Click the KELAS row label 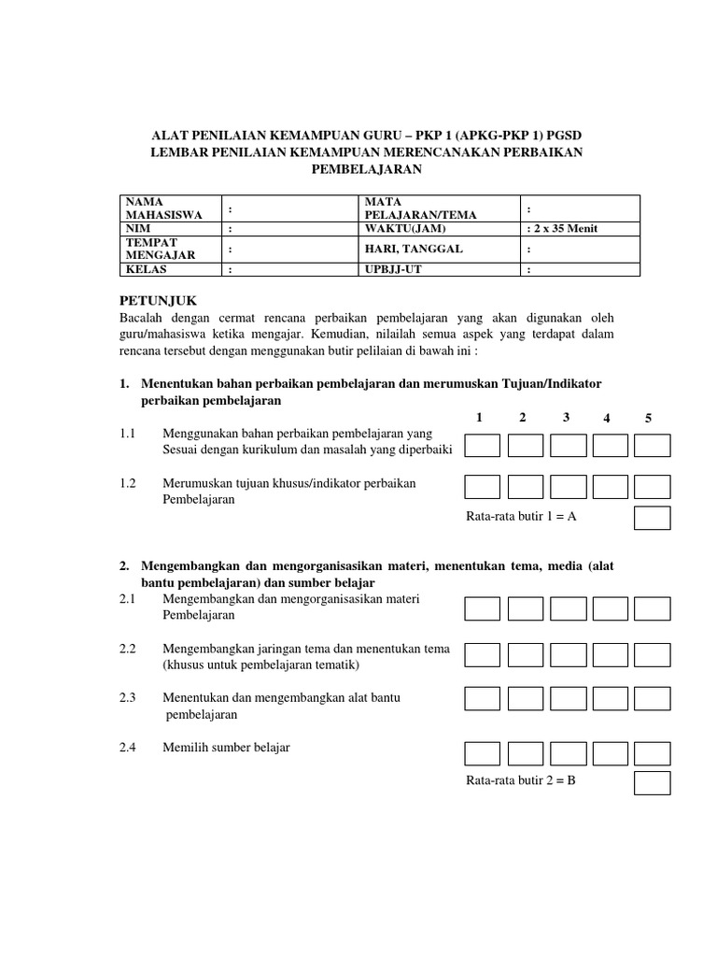pyautogui.click(x=146, y=270)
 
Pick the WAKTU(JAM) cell pyautogui.click(x=406, y=228)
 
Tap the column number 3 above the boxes pyautogui.click(x=567, y=417)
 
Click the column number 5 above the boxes pyautogui.click(x=648, y=418)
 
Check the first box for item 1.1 pyautogui.click(x=483, y=445)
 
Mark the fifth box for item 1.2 pyautogui.click(x=652, y=487)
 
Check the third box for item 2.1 pyautogui.click(x=568, y=609)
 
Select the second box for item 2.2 pyautogui.click(x=526, y=654)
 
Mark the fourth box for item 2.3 pyautogui.click(x=610, y=698)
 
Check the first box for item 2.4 pyautogui.click(x=483, y=752)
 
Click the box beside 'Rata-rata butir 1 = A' pyautogui.click(x=652, y=517)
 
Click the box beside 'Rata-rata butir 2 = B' pyautogui.click(x=652, y=782)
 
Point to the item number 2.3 pyautogui.click(x=128, y=697)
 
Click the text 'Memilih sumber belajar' pyautogui.click(x=226, y=748)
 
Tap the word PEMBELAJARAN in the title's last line pyautogui.click(x=367, y=169)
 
